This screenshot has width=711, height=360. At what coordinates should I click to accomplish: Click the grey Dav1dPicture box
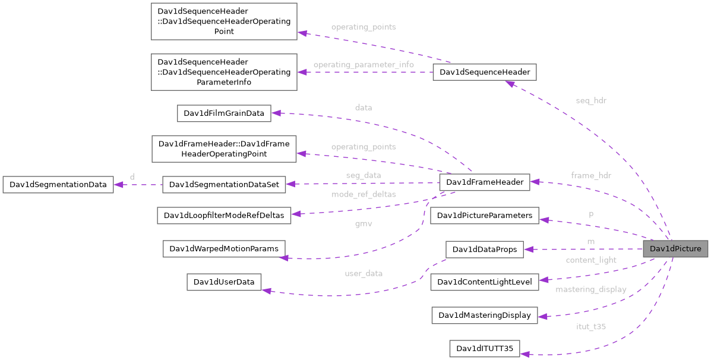675,249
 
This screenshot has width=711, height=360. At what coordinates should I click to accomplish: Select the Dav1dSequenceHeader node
485,72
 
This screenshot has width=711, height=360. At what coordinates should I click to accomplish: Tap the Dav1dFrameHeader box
484,182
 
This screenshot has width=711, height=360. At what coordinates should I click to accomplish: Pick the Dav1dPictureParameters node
485,216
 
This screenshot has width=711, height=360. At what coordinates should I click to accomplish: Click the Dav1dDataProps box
485,250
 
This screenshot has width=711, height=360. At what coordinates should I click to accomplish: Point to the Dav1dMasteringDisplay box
484,315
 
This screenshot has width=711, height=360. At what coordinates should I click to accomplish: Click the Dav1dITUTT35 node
485,348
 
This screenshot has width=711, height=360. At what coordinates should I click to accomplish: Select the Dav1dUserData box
224,282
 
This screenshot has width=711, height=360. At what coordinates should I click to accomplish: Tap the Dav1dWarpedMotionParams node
224,249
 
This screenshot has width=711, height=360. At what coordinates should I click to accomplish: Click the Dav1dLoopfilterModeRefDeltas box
224,216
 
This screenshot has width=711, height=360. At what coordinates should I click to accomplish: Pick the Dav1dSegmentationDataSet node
224,185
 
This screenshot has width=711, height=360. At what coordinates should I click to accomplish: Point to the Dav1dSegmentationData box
58,185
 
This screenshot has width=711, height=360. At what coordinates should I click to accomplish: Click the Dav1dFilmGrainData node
224,113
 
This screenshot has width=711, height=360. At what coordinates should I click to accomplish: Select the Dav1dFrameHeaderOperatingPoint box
224,149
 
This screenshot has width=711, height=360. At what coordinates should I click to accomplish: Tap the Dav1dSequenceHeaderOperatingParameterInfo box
224,72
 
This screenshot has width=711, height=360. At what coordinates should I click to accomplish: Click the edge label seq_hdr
591,100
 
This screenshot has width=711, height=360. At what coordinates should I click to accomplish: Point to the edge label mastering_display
590,289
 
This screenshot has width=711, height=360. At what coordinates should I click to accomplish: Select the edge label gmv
364,224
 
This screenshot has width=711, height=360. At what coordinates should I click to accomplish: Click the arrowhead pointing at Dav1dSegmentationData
118,185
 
